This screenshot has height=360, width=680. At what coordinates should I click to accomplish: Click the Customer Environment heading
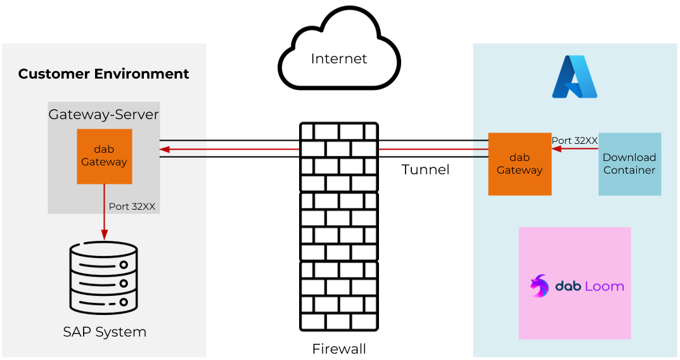coord(103,74)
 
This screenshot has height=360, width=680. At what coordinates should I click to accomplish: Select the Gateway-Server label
coord(103,115)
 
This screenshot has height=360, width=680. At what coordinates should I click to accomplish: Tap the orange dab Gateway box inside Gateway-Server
coord(105,157)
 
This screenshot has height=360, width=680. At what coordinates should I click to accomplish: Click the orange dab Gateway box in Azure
coord(520,164)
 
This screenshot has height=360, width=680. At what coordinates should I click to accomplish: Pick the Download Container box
coord(629,164)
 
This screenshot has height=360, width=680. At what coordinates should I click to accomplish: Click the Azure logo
coord(574,77)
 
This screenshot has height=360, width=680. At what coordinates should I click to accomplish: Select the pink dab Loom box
coord(574,283)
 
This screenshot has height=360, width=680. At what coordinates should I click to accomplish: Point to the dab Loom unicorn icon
coord(539,286)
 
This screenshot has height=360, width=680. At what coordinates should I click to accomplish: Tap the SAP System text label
coord(105,332)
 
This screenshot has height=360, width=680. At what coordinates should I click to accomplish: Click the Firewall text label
coord(339,349)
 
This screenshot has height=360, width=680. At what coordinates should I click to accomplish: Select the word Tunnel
coord(425,170)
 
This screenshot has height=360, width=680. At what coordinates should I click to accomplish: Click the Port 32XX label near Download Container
coord(575,141)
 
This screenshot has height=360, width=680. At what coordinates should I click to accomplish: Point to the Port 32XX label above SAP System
coord(132,207)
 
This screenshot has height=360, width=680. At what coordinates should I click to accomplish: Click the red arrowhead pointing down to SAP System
coord(104,236)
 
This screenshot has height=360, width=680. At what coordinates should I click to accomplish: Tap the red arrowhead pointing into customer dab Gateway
coord(165,150)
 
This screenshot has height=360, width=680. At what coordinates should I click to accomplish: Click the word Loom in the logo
coord(604,286)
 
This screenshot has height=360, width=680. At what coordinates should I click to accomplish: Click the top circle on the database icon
coord(124,265)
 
